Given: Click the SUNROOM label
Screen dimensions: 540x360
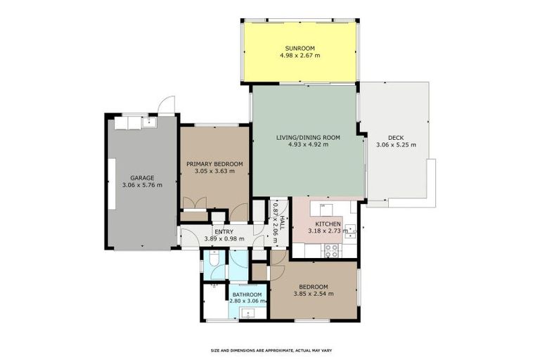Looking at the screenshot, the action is (x=300, y=49).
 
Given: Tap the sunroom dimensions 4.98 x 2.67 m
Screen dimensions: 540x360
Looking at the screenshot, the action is (x=300, y=55).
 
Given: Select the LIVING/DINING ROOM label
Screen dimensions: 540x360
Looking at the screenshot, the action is (x=308, y=138).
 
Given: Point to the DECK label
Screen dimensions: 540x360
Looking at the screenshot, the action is (x=396, y=138).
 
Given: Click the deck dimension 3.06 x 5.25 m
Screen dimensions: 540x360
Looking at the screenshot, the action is (x=396, y=145).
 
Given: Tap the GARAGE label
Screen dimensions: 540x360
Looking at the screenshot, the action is (x=142, y=178).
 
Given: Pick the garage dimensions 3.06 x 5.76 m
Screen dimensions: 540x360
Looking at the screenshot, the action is (x=142, y=185).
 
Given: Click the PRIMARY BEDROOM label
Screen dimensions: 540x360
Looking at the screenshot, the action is (x=214, y=164).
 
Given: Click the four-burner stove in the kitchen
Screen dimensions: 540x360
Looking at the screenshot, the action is (x=332, y=251).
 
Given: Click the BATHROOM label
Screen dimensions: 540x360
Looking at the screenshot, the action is (x=247, y=295).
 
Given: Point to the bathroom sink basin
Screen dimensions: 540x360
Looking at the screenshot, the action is (x=248, y=314).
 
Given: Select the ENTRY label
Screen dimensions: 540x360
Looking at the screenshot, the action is (x=224, y=232).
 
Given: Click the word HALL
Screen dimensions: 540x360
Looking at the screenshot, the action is (x=282, y=223).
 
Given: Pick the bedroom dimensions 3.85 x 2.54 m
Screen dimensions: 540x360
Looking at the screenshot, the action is (x=314, y=294).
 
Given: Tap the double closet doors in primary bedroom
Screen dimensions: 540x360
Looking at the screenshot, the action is (x=195, y=203).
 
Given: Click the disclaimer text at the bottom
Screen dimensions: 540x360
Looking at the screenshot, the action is (x=271, y=351).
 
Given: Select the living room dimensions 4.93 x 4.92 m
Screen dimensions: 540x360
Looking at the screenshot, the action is (x=308, y=145).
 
